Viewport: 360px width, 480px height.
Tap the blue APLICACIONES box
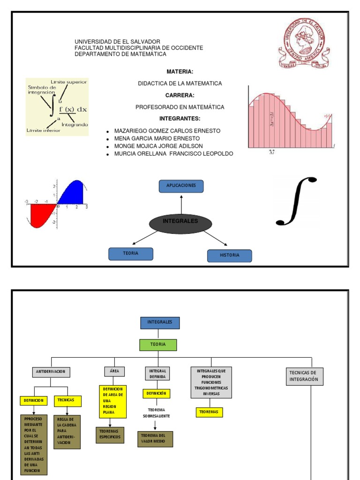181,186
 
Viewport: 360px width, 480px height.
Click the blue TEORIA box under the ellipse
131,254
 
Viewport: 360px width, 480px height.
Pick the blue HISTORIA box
229,255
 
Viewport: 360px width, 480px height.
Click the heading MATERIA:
180,71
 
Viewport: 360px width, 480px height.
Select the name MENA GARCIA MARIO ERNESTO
157,138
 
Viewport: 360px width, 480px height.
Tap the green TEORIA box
158,345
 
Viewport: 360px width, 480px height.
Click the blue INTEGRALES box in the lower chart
160,323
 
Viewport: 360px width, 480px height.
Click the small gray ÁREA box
114,371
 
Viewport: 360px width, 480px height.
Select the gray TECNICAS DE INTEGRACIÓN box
304,376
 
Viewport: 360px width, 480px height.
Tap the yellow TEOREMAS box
209,412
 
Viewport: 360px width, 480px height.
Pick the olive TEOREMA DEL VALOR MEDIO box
155,439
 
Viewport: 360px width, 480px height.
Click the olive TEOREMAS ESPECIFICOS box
110,435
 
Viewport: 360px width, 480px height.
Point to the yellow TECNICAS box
67,401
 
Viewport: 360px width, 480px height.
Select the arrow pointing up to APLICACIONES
181,205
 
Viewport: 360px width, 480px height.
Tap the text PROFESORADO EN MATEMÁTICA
180,107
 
